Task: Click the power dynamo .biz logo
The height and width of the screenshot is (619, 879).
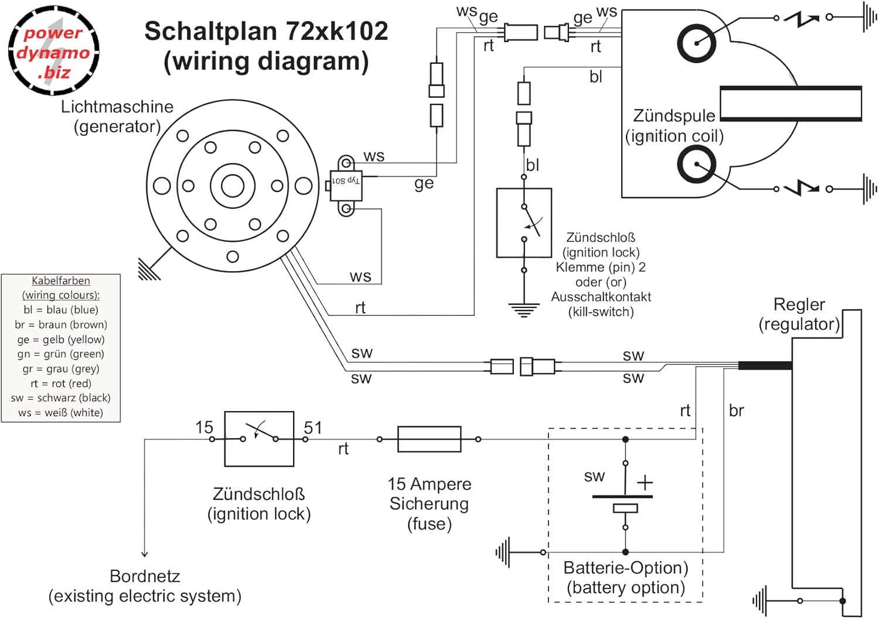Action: point(54,50)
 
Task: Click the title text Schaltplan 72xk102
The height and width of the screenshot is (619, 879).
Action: point(267,31)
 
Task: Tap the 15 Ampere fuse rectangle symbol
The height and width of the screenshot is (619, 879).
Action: point(430,439)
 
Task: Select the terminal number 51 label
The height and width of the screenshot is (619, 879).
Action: point(313,428)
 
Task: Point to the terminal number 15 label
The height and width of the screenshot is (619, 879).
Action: point(204,427)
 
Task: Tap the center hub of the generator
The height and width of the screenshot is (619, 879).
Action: point(233,186)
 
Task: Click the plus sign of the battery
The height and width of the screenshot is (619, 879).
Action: point(645,483)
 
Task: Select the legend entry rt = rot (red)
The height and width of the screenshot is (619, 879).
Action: point(61,383)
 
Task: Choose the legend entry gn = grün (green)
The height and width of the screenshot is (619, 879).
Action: point(61,354)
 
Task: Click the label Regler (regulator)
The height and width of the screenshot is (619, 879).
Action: point(799,314)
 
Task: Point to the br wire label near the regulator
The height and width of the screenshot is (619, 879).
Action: point(736,411)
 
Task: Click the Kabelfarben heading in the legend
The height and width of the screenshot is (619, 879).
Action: point(61,281)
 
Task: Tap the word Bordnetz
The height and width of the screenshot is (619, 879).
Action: point(145,576)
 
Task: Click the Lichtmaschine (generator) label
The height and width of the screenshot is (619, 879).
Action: point(117,117)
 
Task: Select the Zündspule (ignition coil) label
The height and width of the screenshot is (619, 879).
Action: point(674,126)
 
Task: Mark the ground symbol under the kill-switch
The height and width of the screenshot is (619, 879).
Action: point(524,310)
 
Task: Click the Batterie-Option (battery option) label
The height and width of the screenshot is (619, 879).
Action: point(626,578)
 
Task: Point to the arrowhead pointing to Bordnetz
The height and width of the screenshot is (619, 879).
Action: point(145,554)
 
